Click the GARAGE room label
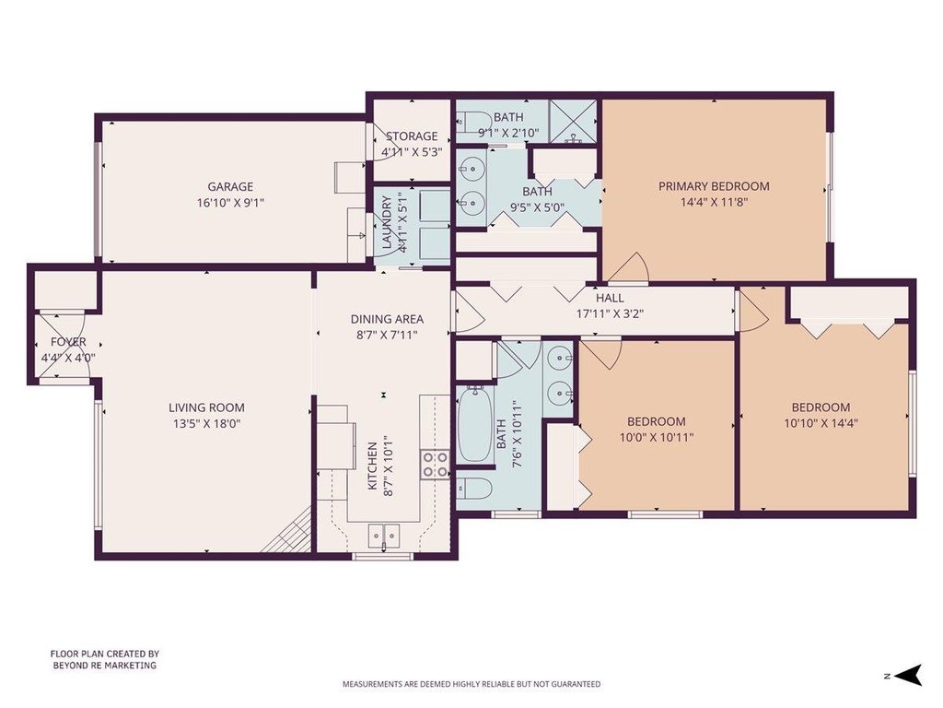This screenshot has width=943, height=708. (x=230, y=186)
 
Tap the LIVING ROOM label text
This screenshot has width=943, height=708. (x=207, y=407)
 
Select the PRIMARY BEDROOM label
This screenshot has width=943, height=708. (x=714, y=186)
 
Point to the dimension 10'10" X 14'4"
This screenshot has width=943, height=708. (x=821, y=423)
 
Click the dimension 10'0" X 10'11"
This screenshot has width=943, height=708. (x=657, y=437)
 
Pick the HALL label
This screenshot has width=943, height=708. (x=610, y=298)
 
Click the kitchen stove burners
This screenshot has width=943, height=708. (x=436, y=464)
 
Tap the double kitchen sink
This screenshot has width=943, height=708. (x=384, y=534)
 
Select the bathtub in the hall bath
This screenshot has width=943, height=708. (x=475, y=424)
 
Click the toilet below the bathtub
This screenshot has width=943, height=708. (x=474, y=489)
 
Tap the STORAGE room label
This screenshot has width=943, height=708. (x=412, y=136)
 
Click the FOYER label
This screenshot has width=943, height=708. (x=68, y=342)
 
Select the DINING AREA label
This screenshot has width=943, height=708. (x=388, y=319)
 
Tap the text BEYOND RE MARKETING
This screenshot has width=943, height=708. (x=105, y=666)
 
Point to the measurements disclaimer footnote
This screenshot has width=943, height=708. (x=471, y=684)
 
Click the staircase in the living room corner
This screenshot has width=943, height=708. (x=288, y=530)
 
